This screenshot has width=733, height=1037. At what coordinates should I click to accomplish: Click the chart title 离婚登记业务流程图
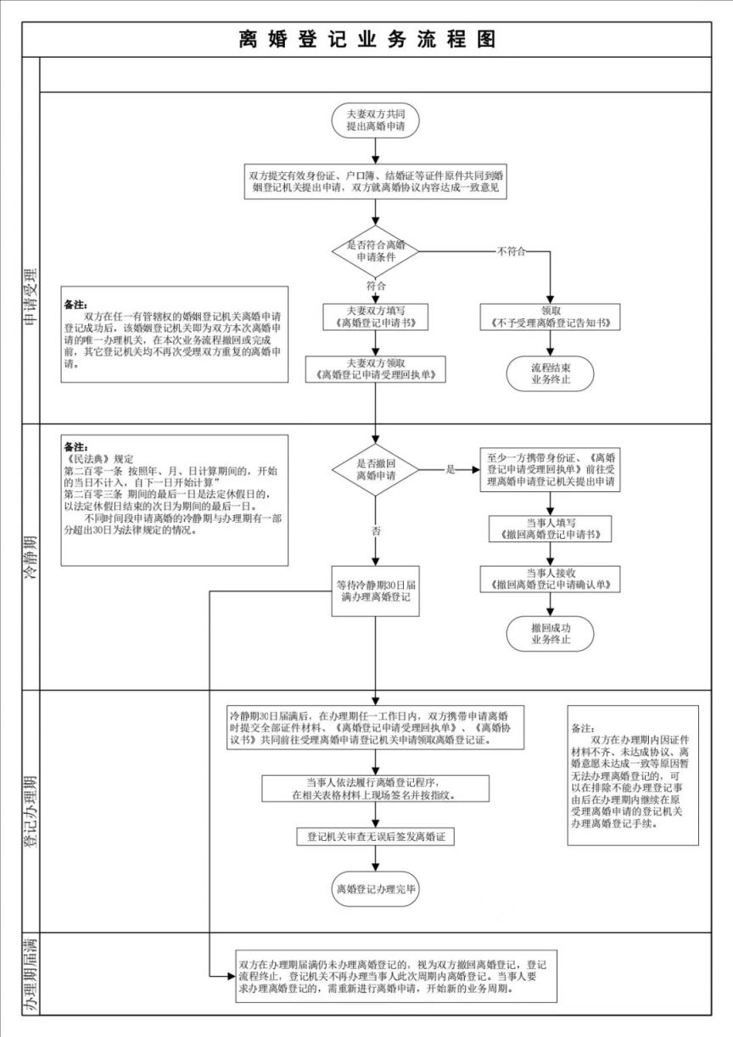pos(366,39)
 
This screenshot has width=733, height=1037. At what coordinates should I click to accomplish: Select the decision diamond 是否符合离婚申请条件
pos(374,250)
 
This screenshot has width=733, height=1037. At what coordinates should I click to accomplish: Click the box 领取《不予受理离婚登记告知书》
pos(551,317)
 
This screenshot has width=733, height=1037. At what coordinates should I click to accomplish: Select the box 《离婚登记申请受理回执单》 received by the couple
pos(374,368)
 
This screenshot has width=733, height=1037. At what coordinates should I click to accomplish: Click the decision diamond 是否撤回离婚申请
pos(374,468)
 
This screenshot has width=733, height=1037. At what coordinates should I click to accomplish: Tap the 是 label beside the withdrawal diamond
pos(450,469)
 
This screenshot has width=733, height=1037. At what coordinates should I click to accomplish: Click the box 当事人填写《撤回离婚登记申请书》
pos(551,529)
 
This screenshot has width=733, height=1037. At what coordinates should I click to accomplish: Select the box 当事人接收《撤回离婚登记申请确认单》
pos(551,579)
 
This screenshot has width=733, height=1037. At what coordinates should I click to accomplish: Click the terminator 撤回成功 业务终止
pos(551,633)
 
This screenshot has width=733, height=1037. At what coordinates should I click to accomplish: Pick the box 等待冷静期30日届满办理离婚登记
pos(374,591)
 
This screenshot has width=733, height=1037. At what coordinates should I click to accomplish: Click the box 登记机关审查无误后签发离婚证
pos(374,837)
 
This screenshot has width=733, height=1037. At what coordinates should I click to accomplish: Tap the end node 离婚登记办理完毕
pos(374,889)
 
